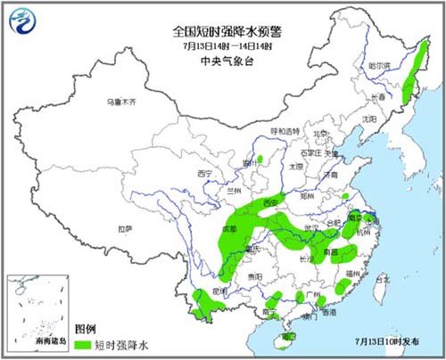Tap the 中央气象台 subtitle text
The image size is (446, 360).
(x=222, y=61)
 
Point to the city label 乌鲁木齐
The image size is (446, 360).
(x=121, y=102)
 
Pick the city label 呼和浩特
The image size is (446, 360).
(x=285, y=130)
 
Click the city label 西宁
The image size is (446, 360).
(x=205, y=173)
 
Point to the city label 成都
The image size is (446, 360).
(x=227, y=229)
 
